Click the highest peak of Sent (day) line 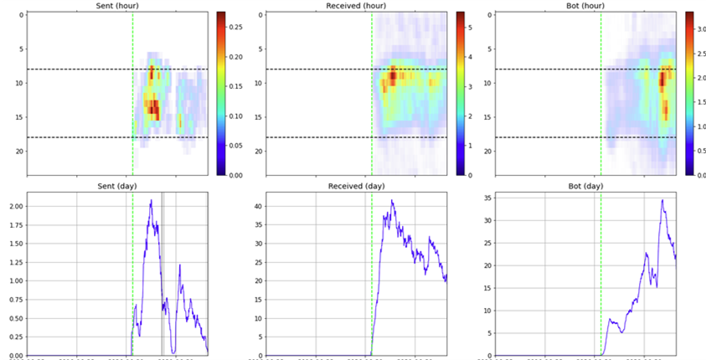(151, 200)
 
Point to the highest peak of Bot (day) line (662, 199)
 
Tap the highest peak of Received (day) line (392, 201)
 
